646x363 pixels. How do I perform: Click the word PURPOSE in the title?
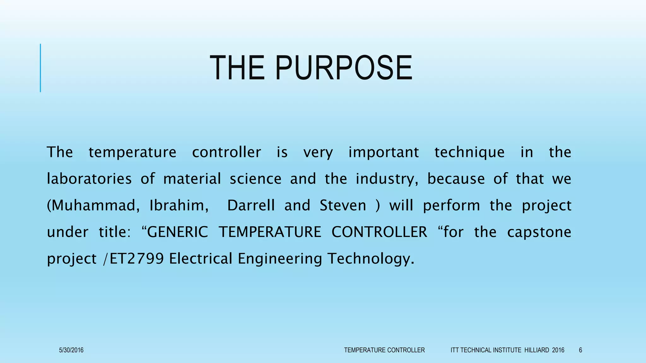(x=344, y=68)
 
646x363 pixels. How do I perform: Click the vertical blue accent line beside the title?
(x=40, y=68)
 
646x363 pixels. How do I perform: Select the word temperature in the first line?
(x=132, y=153)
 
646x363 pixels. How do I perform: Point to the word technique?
(x=469, y=153)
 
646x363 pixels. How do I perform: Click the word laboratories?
(x=89, y=179)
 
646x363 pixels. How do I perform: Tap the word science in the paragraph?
(x=255, y=179)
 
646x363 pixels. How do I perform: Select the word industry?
(x=387, y=179)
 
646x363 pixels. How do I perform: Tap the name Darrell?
(x=251, y=205)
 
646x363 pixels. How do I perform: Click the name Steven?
(x=343, y=205)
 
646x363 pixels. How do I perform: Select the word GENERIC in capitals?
(x=178, y=232)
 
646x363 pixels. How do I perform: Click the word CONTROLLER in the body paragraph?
(x=379, y=232)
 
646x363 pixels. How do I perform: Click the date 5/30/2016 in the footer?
(x=71, y=350)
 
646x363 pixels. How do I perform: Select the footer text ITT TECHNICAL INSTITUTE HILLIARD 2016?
(x=507, y=350)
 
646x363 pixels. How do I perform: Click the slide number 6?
(x=580, y=350)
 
